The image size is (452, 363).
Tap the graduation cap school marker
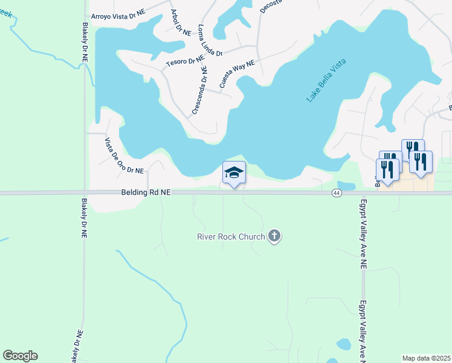234,173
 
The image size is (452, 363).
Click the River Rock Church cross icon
274,236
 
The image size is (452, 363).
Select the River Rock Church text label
231,237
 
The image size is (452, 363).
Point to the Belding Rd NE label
145,192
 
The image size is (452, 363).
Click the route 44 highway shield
337,192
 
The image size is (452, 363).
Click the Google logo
20,356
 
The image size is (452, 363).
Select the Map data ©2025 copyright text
426,358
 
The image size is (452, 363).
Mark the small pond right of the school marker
346,186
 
